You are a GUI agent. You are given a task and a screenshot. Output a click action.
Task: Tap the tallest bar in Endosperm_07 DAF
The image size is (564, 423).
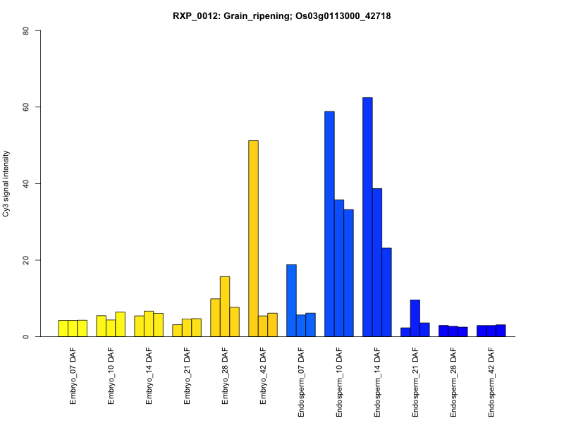click(291, 300)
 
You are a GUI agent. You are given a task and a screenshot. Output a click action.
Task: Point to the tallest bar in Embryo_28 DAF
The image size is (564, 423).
click(225, 307)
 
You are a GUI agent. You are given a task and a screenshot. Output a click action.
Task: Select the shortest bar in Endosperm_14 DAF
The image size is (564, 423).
click(386, 292)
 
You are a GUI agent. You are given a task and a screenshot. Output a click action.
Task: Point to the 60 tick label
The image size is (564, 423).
click(26, 107)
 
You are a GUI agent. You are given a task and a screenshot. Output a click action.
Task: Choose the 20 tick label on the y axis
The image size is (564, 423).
click(26, 260)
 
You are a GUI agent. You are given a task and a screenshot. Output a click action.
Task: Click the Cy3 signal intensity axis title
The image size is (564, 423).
click(7, 183)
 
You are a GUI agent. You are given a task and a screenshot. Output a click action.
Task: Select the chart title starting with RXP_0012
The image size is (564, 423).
click(281, 16)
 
